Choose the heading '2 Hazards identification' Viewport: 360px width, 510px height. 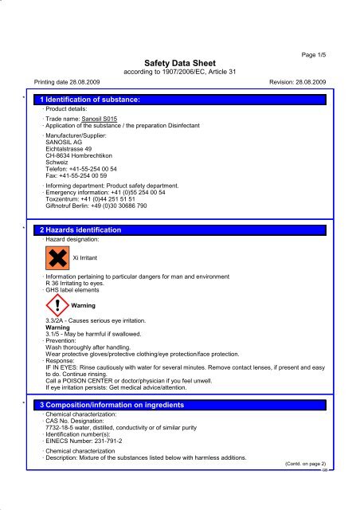pos(80,229)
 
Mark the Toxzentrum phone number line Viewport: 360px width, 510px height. pos(88,199)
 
